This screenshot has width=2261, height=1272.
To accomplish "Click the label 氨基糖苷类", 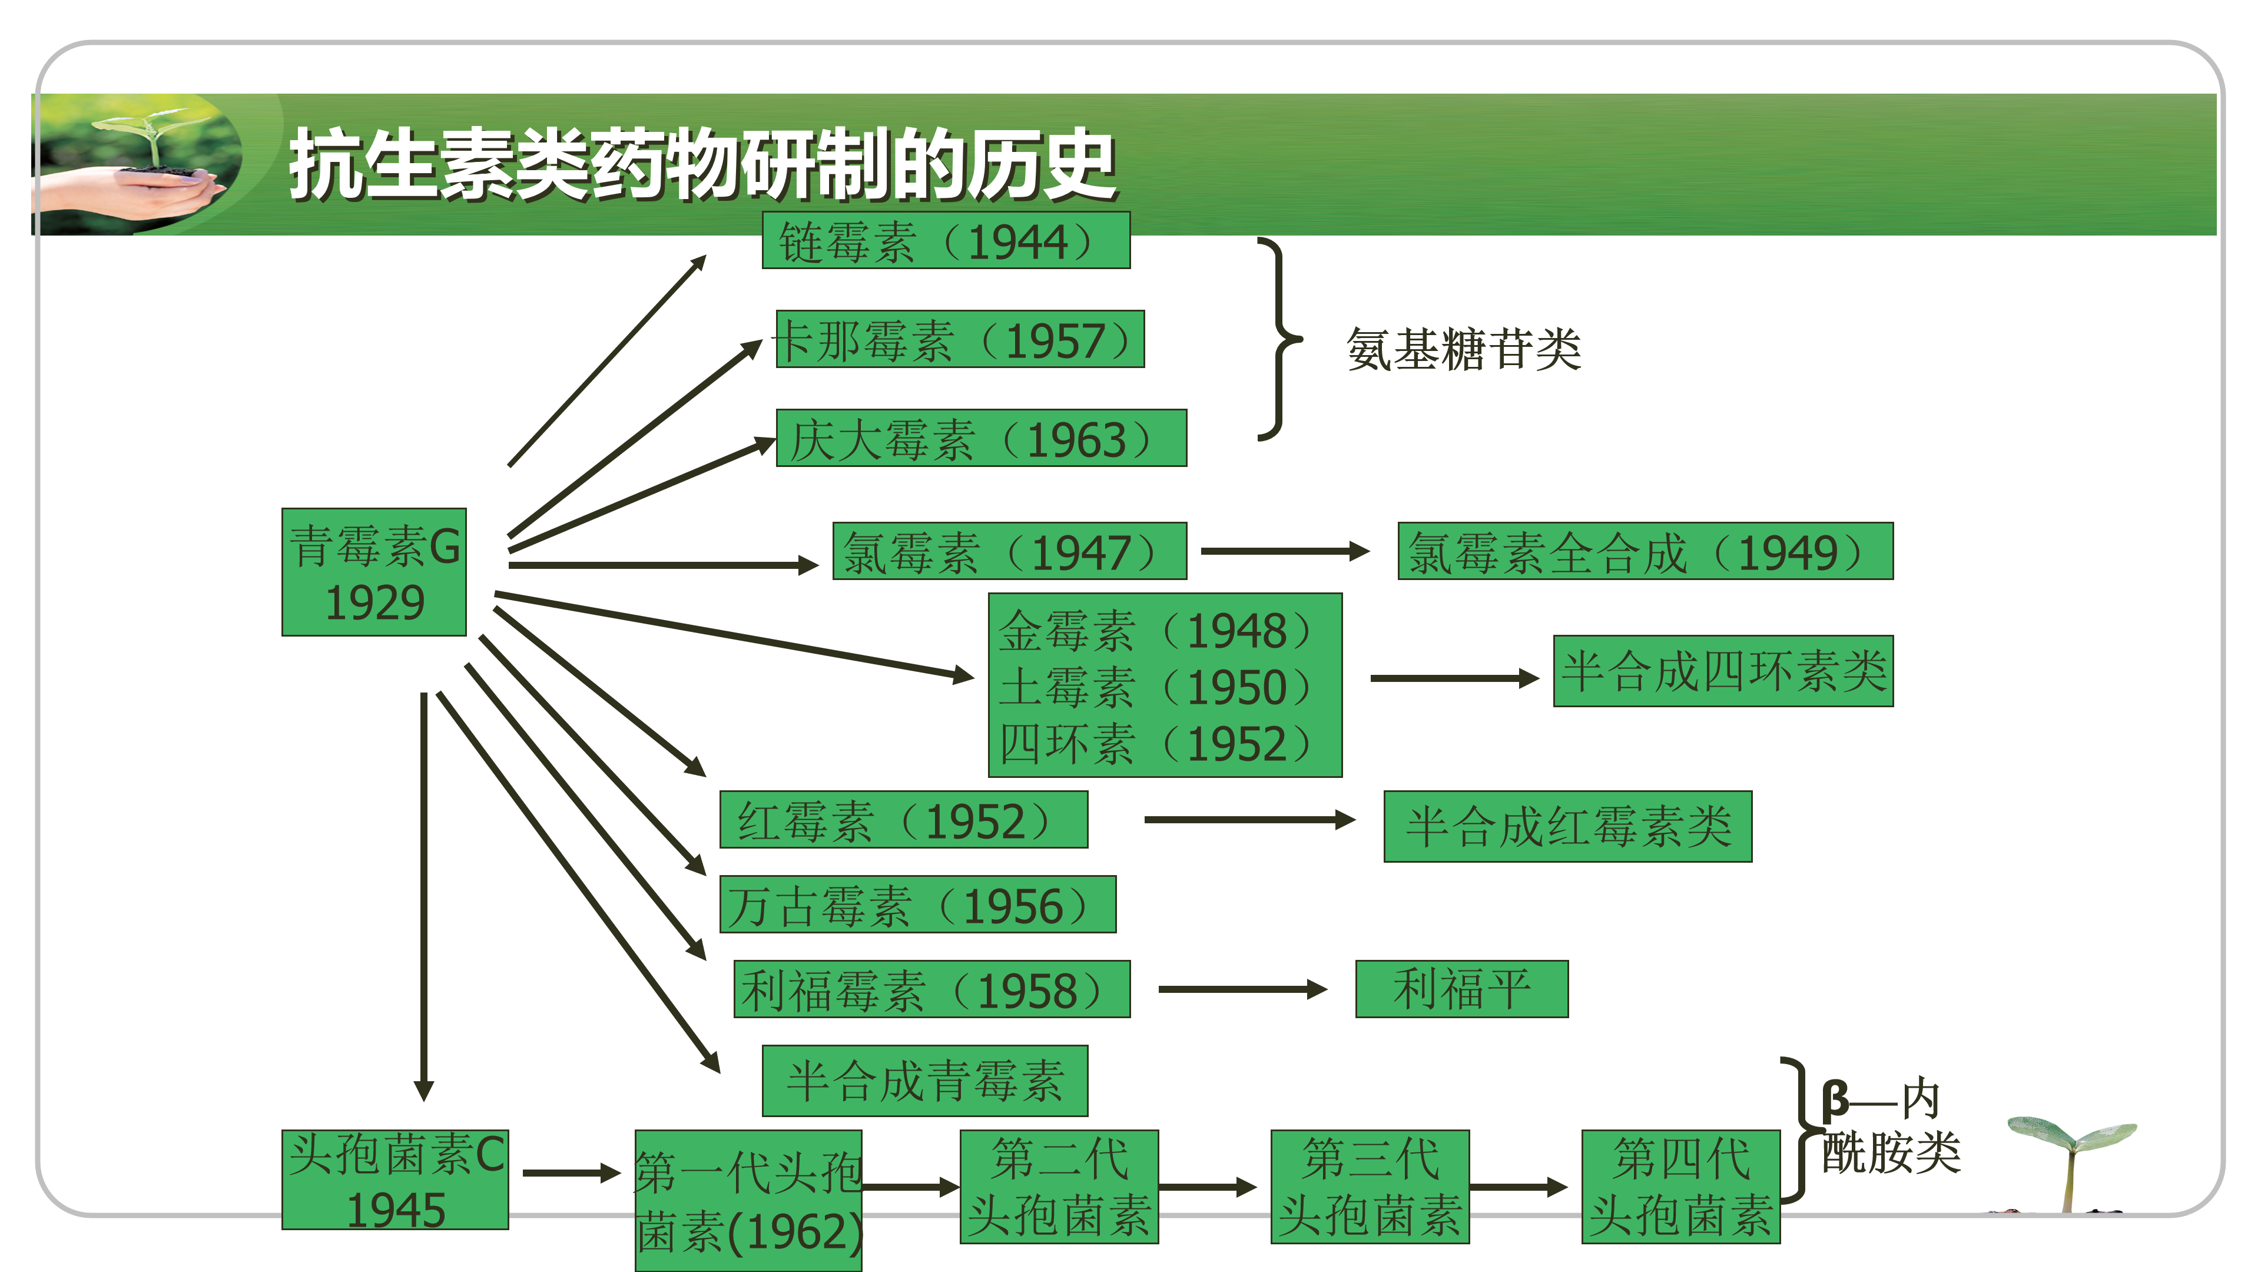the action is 1463,349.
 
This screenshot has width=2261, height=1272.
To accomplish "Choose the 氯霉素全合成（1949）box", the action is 1645,551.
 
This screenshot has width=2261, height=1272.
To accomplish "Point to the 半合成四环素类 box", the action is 1723,671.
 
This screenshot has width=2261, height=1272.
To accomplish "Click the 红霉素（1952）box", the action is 903,820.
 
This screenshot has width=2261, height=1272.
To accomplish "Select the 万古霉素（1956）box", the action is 917,904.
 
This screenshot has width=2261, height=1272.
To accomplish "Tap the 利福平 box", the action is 1461,989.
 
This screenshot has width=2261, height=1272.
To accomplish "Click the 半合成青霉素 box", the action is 924,1081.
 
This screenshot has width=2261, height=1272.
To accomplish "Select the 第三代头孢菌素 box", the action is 1369,1187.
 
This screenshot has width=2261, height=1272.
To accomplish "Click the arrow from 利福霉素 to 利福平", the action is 1241,989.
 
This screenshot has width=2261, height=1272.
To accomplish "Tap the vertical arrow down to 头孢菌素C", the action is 424,895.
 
